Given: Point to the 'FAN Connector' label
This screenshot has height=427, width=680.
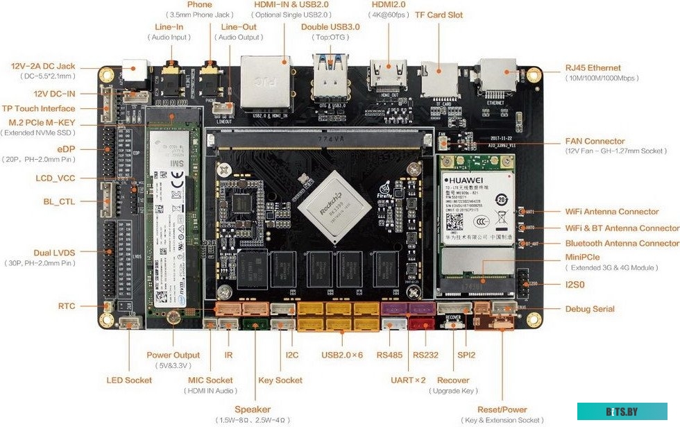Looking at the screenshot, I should pyautogui.click(x=595, y=141).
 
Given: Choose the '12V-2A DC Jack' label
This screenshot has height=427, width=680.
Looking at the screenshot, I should pyautogui.click(x=43, y=67).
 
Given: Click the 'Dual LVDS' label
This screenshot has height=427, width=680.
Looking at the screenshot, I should pyautogui.click(x=54, y=253).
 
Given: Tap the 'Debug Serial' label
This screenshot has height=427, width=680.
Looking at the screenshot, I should pyautogui.click(x=589, y=309).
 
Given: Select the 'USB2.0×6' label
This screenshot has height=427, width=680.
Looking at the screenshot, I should pyautogui.click(x=342, y=355).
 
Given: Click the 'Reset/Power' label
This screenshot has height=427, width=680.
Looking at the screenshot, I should pyautogui.click(x=503, y=410).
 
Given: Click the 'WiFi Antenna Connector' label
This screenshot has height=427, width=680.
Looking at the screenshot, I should pyautogui.click(x=612, y=212).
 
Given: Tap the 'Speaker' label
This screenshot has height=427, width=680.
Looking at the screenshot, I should pyautogui.click(x=253, y=410).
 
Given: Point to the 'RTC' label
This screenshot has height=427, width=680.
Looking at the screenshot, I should pyautogui.click(x=67, y=306).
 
